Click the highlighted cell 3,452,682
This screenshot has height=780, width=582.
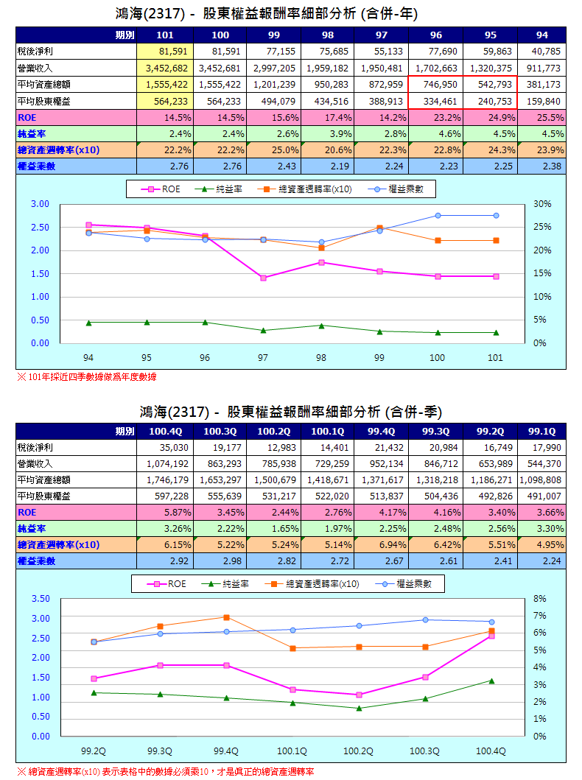click(164, 68)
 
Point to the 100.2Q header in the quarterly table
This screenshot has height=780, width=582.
click(273, 431)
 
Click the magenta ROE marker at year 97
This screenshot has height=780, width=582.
click(263, 278)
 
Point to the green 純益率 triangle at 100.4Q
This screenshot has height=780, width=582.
click(491, 681)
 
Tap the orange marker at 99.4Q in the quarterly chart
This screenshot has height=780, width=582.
click(226, 617)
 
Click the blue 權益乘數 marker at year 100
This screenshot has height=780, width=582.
click(438, 215)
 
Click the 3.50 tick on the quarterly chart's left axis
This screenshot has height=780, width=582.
click(41, 598)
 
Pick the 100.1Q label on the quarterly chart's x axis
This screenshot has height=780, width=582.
click(292, 751)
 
